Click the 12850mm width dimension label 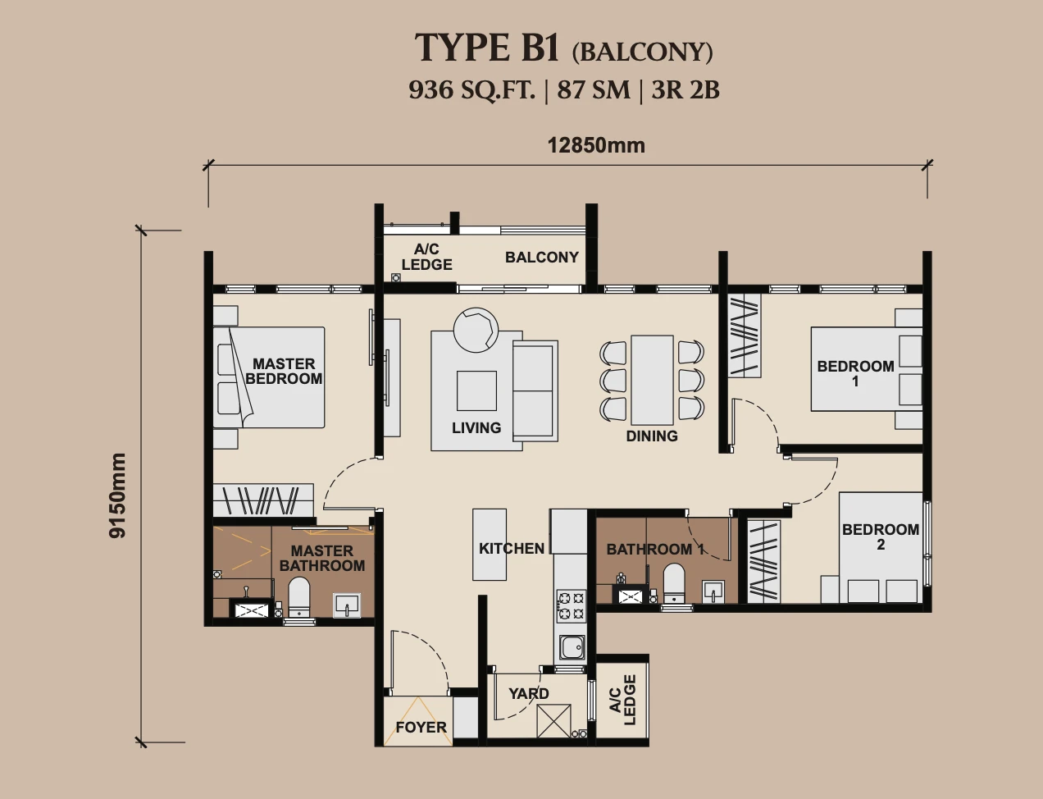click(596, 145)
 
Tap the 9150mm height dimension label click(117, 495)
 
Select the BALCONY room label click(542, 258)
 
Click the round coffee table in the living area click(476, 330)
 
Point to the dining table click(652, 380)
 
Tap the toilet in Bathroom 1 click(673, 583)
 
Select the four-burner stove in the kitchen click(572, 605)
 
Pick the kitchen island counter click(489, 545)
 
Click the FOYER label click(421, 727)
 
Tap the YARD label click(528, 693)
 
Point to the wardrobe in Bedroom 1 click(745, 336)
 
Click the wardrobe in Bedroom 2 click(763, 561)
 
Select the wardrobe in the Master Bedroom click(263, 500)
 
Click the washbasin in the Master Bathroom click(347, 605)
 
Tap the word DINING click(652, 436)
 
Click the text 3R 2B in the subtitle click(685, 90)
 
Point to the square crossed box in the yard click(554, 721)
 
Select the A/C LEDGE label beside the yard click(622, 700)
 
